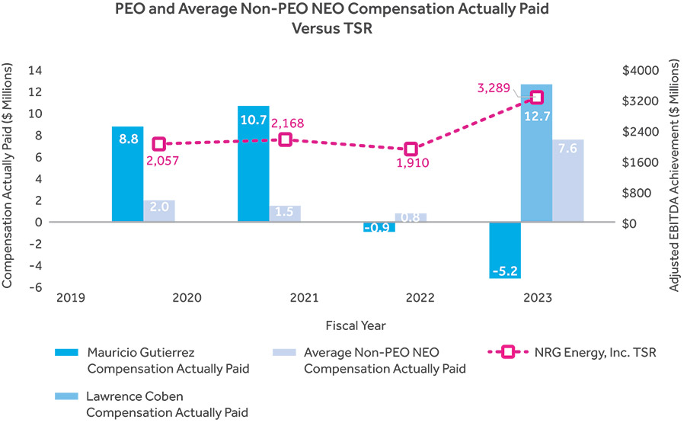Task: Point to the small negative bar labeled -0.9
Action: [379, 227]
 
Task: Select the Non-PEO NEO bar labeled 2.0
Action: [159, 211]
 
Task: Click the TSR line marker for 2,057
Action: [159, 144]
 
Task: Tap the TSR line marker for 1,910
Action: [411, 149]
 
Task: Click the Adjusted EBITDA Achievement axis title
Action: [673, 178]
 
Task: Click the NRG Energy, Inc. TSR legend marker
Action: [507, 352]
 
